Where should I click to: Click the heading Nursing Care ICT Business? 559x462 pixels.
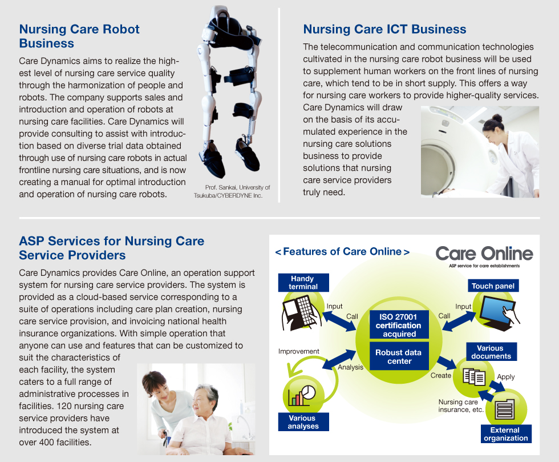pyautogui.click(x=384, y=29)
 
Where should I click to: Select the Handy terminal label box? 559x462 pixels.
pyautogui.click(x=303, y=283)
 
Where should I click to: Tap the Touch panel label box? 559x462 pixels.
pyautogui.click(x=493, y=286)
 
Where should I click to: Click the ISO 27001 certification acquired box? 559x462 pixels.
pyautogui.click(x=399, y=325)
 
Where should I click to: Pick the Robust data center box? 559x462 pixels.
pyautogui.click(x=399, y=356)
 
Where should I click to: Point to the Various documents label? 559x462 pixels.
pyautogui.click(x=491, y=352)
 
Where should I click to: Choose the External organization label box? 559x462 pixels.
pyautogui.click(x=506, y=434)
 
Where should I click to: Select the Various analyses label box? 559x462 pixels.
pyautogui.click(x=303, y=421)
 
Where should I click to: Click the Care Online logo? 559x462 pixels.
pyautogui.click(x=484, y=256)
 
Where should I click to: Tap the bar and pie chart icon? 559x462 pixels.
pyautogui.click(x=302, y=395)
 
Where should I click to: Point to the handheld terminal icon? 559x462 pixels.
pyautogui.click(x=299, y=313)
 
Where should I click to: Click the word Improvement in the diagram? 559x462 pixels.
pyautogui.click(x=299, y=351)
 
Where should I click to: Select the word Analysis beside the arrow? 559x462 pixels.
pyautogui.click(x=350, y=367)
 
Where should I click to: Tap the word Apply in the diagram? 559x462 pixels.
pyautogui.click(x=506, y=377)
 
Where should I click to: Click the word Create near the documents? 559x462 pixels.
pyautogui.click(x=440, y=375)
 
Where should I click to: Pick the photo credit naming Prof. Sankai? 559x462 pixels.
pyautogui.click(x=232, y=191)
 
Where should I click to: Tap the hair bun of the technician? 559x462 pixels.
pyautogui.click(x=497, y=118)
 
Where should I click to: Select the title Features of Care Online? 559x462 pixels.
pyautogui.click(x=342, y=252)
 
